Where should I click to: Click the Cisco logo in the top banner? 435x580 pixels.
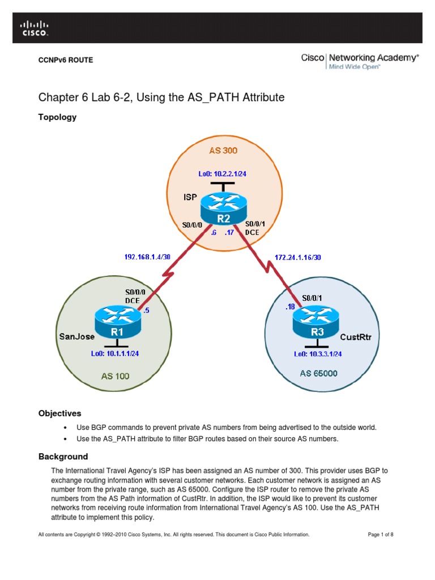pos(35,28)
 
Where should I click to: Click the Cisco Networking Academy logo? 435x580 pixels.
pos(360,61)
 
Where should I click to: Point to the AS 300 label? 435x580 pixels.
pos(224,150)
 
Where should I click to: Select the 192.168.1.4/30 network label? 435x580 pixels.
pos(147,257)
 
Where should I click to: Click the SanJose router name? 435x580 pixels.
pos(77,336)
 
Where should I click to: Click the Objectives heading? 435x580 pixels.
pos(59,413)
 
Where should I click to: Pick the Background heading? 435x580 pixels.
pos(63,457)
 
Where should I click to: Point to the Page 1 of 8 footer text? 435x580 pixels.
pos(381,534)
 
